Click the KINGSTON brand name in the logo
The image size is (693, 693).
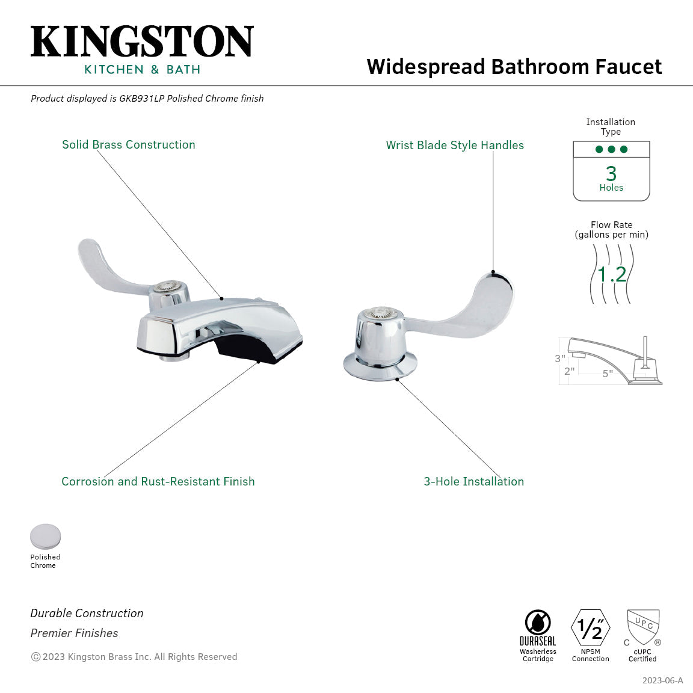(x=142, y=41)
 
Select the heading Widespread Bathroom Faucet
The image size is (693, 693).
(x=514, y=67)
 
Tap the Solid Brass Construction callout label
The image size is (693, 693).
(x=129, y=144)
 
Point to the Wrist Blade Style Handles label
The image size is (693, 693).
(x=455, y=145)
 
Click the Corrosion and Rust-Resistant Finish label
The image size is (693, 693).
(x=158, y=481)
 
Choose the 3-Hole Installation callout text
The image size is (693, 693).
(x=474, y=481)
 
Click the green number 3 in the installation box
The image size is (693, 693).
(x=611, y=173)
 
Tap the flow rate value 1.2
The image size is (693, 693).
(x=612, y=274)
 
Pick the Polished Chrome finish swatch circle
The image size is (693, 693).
(x=46, y=537)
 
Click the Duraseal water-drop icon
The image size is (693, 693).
(x=538, y=623)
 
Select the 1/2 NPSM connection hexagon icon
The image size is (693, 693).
(x=591, y=627)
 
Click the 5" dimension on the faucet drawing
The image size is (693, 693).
(x=608, y=374)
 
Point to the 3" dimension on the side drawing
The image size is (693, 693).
(x=560, y=359)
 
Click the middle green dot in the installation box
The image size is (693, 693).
(x=611, y=149)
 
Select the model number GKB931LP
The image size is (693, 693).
(x=141, y=99)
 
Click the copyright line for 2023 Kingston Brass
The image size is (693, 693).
(x=134, y=657)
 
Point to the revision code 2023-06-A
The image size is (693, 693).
(x=662, y=680)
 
